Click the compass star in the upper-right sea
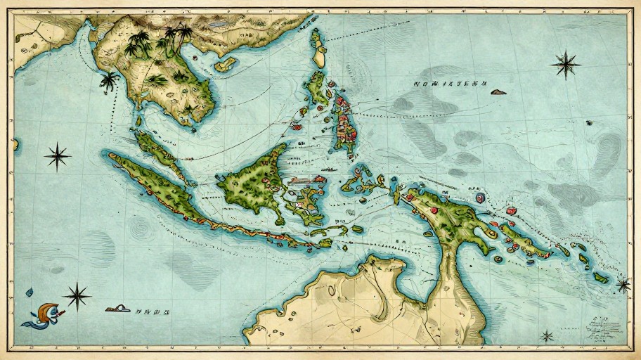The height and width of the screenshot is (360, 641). (x=565, y=65)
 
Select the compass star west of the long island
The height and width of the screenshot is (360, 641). (x=57, y=156)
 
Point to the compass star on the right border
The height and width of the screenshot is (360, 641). (x=623, y=284)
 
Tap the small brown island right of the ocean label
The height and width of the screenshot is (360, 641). (x=498, y=91)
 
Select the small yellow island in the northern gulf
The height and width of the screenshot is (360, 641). (x=224, y=65)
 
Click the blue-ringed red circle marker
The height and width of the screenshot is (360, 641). (x=481, y=198)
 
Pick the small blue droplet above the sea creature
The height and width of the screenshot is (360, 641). (x=30, y=292)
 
